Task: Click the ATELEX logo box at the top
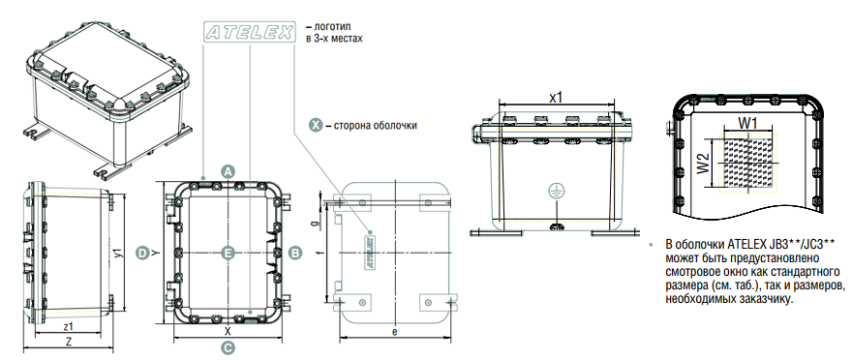click(x=250, y=32)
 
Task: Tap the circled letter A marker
click(x=228, y=171)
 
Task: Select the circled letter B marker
click(x=295, y=253)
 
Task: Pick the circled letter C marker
click(x=228, y=347)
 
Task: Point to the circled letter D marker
click(x=141, y=253)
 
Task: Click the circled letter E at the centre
click(x=228, y=253)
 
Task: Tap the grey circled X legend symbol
click(x=316, y=125)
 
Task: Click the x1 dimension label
click(x=556, y=98)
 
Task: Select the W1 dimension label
click(x=748, y=123)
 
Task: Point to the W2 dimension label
click(x=703, y=163)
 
